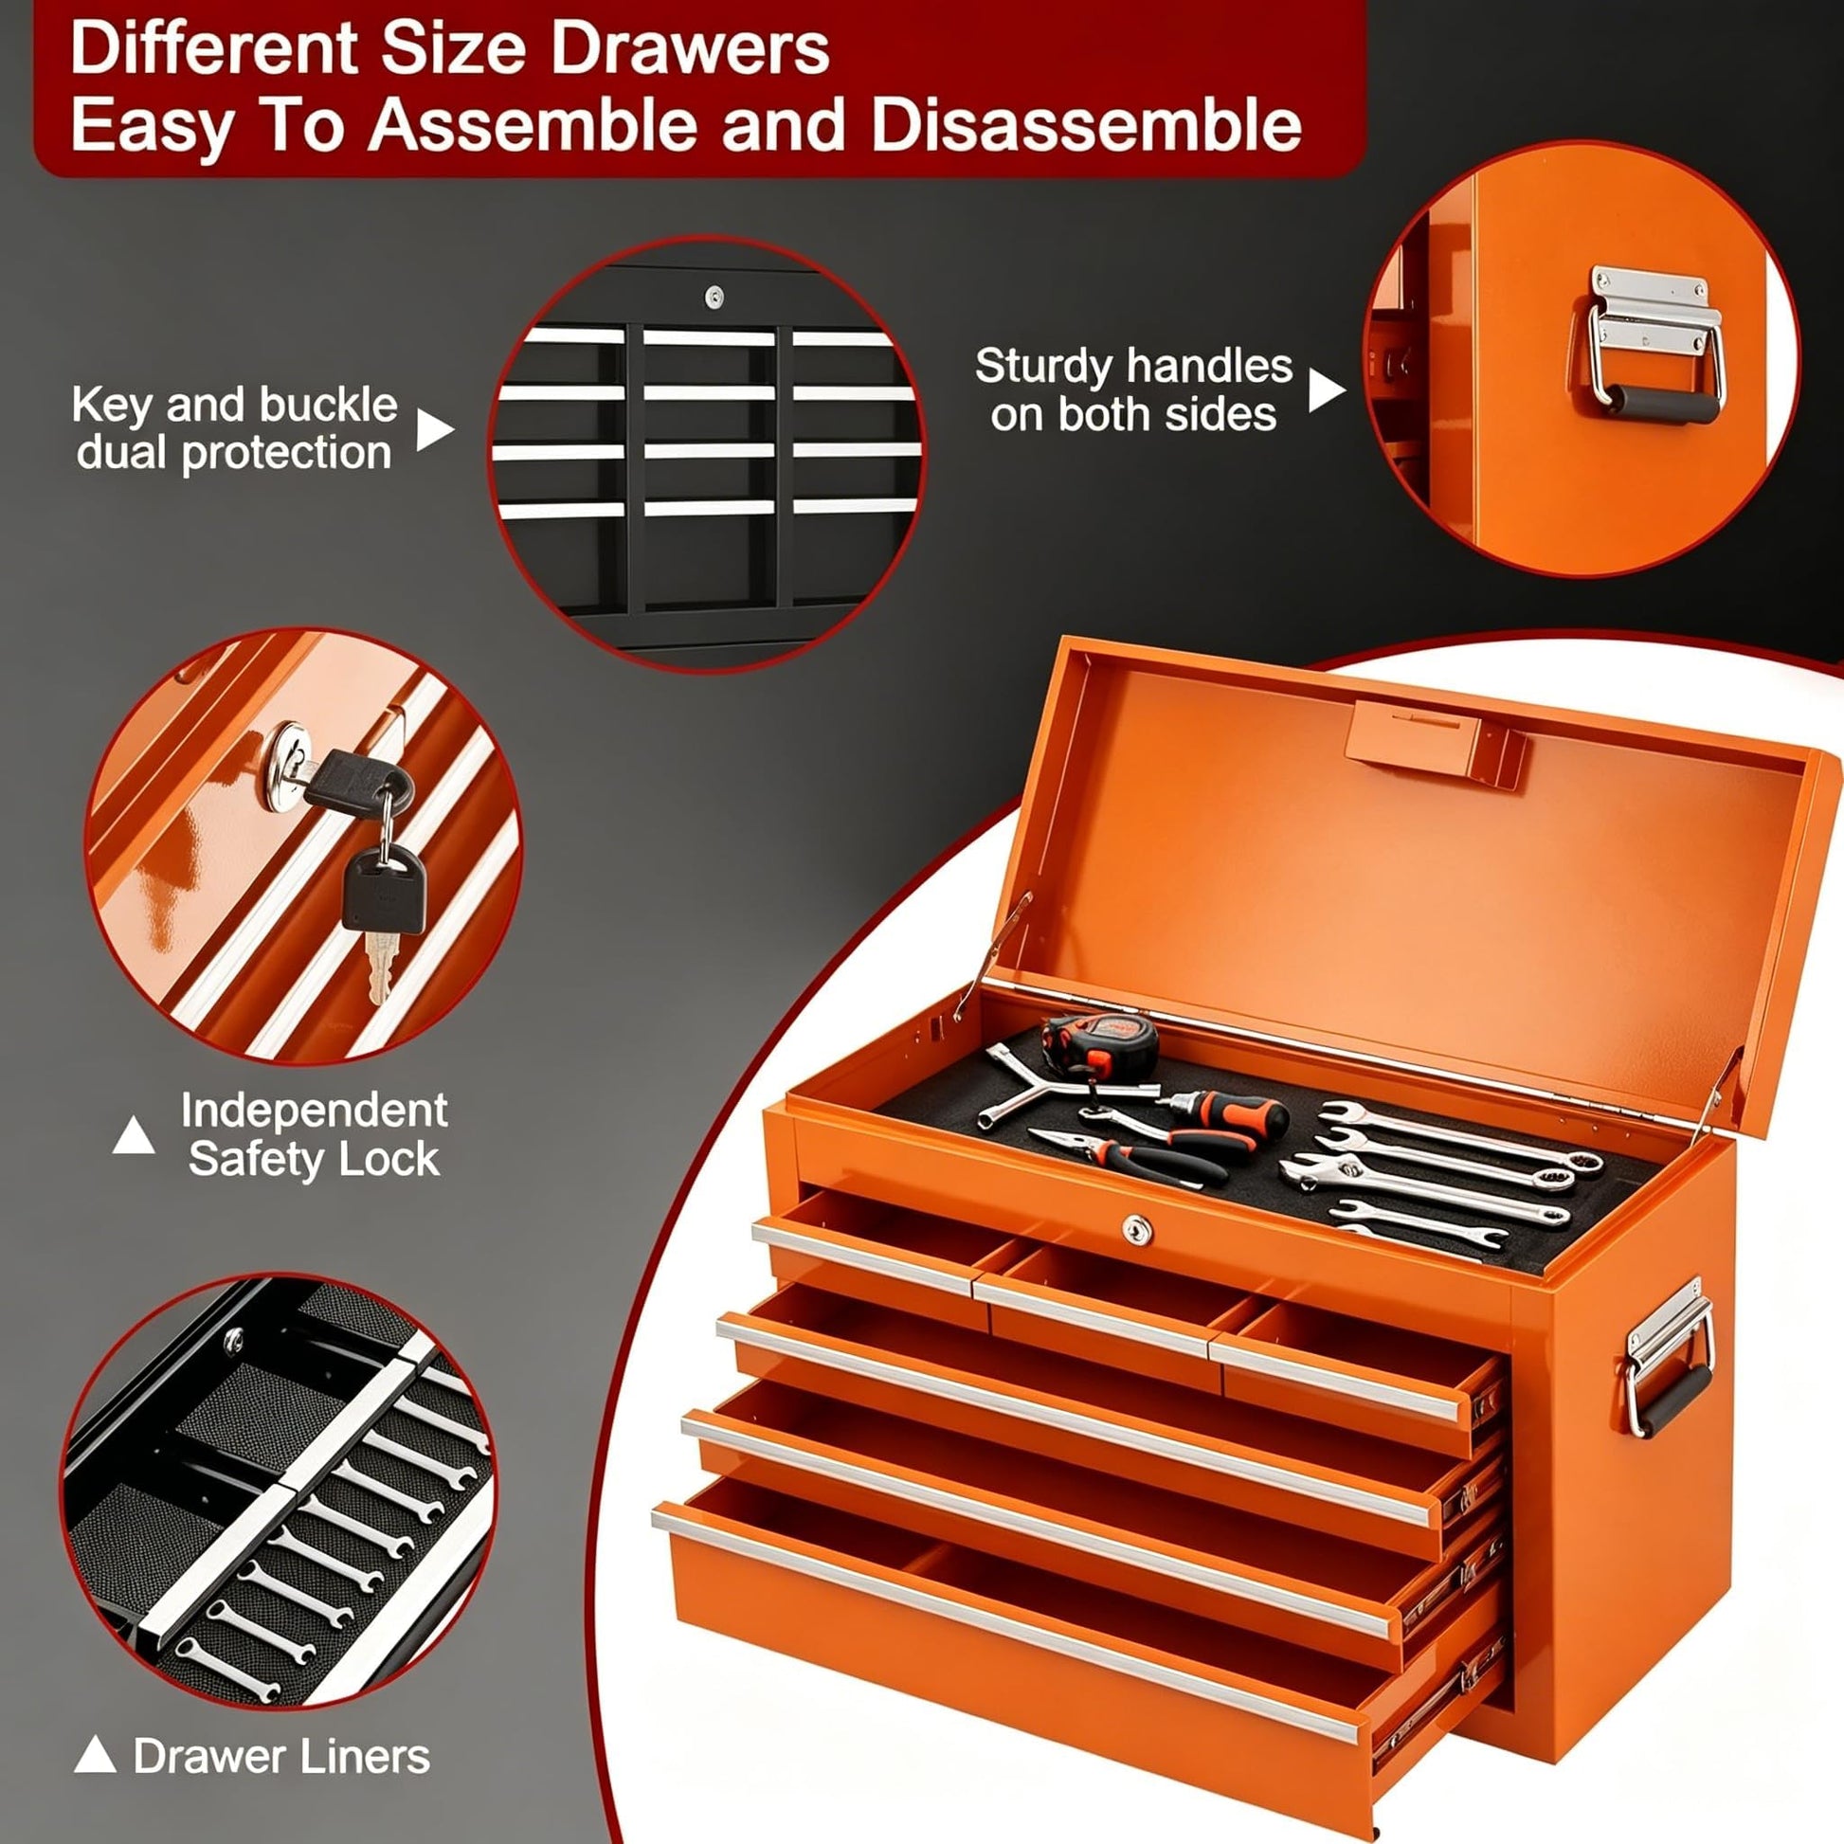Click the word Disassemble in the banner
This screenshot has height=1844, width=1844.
pos(1086,125)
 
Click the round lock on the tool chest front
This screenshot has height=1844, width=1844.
pos(1136,1229)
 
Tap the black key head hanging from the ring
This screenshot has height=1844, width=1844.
pos(384,889)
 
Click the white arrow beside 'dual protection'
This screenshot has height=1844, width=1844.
pos(434,430)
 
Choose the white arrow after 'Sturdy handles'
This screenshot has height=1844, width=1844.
pos(1326,389)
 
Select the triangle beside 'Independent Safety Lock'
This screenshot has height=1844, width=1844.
pos(134,1135)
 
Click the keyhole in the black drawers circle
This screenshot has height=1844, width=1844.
pos(713,296)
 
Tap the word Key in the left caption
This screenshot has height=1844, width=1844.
pos(111,407)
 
